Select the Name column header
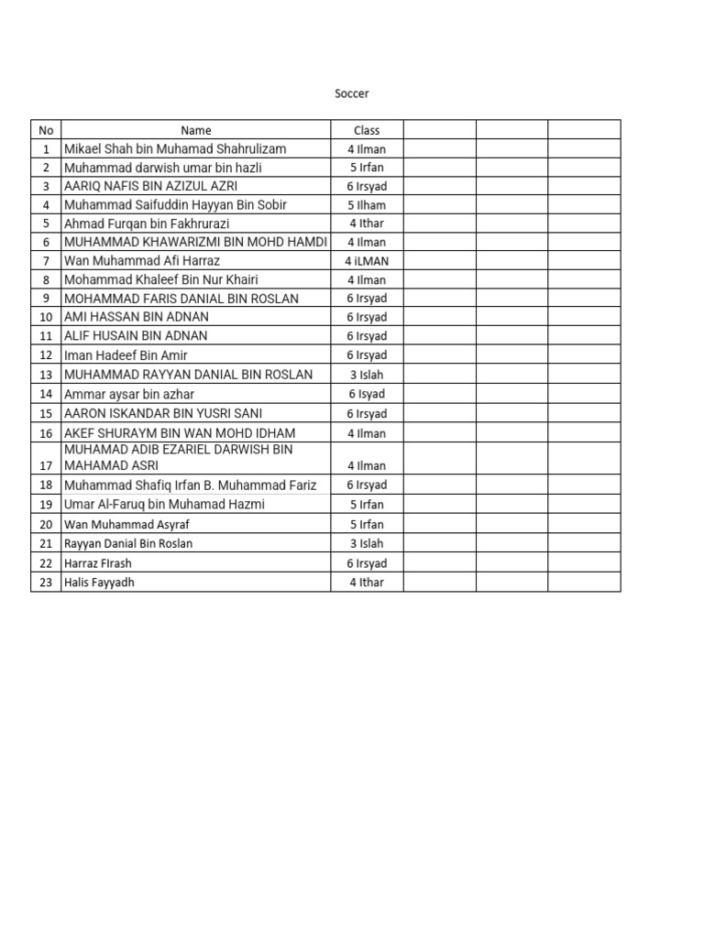(x=196, y=130)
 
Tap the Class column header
(x=367, y=130)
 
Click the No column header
(x=46, y=130)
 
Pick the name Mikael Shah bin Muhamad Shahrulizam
(x=175, y=148)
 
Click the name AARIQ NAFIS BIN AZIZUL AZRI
(x=150, y=186)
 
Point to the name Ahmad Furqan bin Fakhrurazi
(x=147, y=224)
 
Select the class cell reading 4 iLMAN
(x=367, y=261)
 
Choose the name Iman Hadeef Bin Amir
(x=126, y=355)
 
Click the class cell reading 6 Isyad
(x=367, y=394)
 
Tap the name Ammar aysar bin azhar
(x=129, y=394)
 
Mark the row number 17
(x=46, y=465)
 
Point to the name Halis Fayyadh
(x=98, y=583)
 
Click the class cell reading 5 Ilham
(x=367, y=205)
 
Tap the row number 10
(x=46, y=317)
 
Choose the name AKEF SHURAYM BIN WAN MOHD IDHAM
(x=180, y=433)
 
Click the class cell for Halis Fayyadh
(x=367, y=583)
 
